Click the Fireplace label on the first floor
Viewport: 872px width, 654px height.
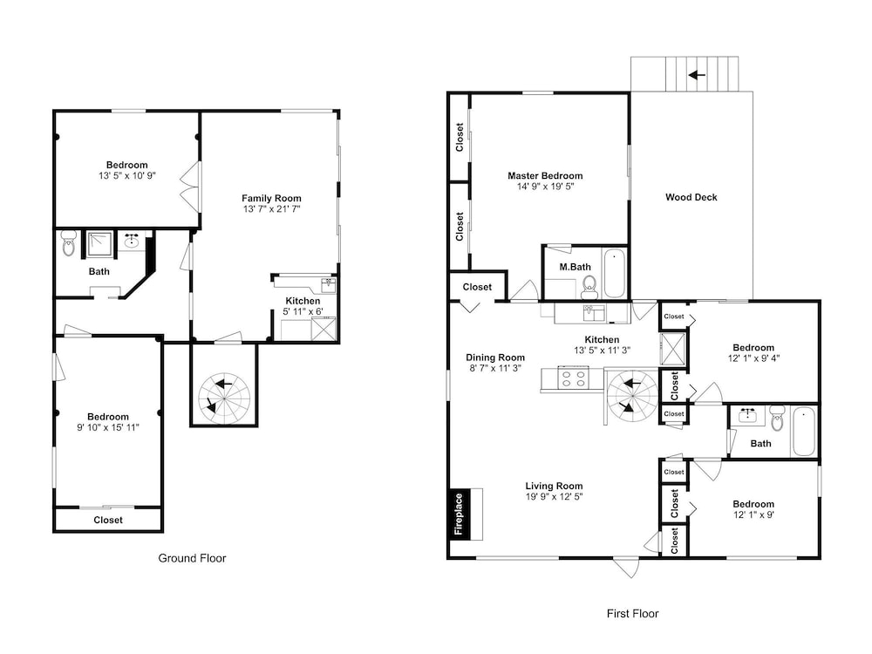point(459,514)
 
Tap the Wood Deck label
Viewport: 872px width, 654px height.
point(691,197)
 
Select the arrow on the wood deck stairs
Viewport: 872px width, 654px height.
point(697,74)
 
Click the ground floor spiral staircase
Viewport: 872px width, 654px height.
point(224,399)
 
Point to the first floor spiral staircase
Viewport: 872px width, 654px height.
point(631,399)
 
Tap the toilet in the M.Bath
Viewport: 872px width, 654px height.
point(589,287)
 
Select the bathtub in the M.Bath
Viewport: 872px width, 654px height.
point(614,274)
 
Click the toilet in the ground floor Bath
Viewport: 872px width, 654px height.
point(68,243)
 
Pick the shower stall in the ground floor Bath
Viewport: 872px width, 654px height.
point(99,244)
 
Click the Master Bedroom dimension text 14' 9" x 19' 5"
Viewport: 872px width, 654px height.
point(545,187)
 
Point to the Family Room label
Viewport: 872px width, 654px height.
point(271,198)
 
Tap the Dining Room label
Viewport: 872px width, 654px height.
point(495,358)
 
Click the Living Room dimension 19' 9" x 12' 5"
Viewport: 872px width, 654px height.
point(554,497)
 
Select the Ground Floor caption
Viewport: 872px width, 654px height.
point(193,558)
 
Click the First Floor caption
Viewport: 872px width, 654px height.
point(632,614)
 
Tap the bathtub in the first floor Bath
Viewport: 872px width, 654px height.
point(803,432)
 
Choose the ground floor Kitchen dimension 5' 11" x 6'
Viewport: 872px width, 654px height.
point(303,312)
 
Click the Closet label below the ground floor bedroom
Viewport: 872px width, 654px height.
point(108,520)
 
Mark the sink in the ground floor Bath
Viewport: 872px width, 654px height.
point(132,242)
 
